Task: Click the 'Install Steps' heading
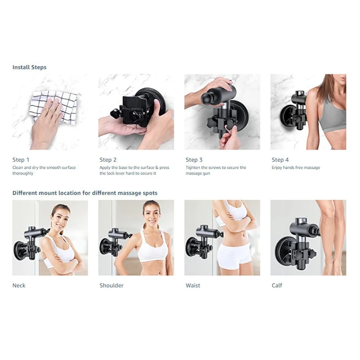coord(29,67)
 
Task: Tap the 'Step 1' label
coord(21,160)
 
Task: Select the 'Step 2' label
coord(108,160)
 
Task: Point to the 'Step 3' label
coord(194,160)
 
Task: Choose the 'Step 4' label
coord(280,160)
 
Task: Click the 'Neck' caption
coord(19,285)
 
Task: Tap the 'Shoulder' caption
coord(111,285)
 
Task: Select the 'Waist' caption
coord(193,285)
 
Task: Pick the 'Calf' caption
coord(277,285)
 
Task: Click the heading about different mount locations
coord(85,193)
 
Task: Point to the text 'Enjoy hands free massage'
coord(296,168)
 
